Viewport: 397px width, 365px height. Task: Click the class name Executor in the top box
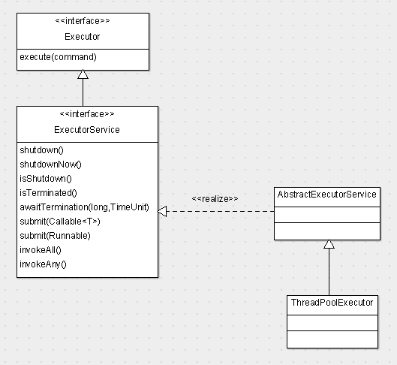(x=83, y=37)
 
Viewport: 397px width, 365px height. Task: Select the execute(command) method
(x=58, y=57)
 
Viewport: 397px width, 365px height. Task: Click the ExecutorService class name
(x=87, y=130)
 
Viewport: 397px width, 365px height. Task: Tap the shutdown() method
(x=41, y=150)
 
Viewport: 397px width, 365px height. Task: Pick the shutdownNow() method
(x=50, y=164)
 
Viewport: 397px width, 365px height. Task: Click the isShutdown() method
(x=46, y=179)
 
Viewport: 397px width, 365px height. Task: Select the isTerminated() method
(x=48, y=193)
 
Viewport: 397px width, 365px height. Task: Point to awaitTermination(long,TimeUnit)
(x=84, y=207)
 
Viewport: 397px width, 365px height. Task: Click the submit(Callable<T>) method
(x=60, y=222)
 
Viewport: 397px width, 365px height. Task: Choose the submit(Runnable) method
(x=55, y=236)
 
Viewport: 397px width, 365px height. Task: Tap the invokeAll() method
(x=41, y=250)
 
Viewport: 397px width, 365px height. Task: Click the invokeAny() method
(x=43, y=264)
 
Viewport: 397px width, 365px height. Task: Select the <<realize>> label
(x=215, y=199)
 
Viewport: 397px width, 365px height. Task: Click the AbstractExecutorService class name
(x=327, y=195)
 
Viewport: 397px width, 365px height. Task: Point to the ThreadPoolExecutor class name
(x=332, y=303)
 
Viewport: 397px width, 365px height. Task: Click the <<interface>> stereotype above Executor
(x=83, y=21)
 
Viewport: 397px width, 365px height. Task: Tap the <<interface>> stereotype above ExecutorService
(x=87, y=114)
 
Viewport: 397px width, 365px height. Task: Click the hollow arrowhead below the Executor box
(x=83, y=74)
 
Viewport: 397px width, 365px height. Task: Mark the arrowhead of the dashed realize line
(x=162, y=211)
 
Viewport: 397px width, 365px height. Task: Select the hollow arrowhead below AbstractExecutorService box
(x=329, y=244)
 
